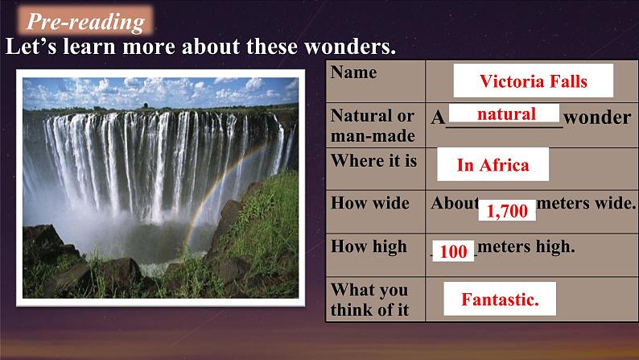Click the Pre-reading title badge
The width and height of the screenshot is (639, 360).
(85, 20)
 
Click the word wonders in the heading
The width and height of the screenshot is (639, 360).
(349, 46)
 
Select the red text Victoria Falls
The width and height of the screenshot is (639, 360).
(533, 81)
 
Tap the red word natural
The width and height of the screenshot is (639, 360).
(506, 114)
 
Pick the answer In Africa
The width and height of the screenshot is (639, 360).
(493, 165)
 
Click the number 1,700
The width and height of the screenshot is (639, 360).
(507, 211)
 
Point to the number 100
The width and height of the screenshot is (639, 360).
(453, 251)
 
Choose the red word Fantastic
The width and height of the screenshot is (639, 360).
(500, 300)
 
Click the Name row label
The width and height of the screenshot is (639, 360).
(354, 72)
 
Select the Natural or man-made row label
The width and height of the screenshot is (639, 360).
(373, 126)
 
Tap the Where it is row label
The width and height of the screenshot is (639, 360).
(373, 160)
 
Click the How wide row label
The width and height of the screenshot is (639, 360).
(369, 203)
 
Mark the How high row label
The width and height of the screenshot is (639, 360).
(369, 246)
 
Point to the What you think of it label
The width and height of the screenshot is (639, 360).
(369, 300)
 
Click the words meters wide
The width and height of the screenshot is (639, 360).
(586, 203)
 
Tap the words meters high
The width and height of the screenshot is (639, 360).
(526, 246)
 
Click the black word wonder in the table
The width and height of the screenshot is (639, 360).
(597, 118)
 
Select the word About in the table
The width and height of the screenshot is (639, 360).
(455, 203)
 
